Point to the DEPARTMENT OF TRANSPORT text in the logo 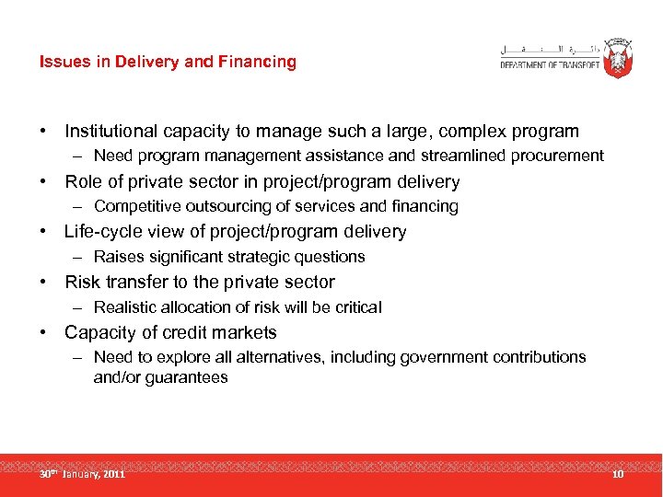point(550,64)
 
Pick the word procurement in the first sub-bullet point(559,156)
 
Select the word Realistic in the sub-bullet point(127,307)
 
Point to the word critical point(357,307)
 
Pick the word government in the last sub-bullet point(443,357)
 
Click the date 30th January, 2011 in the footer point(82,474)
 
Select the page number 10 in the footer point(617,474)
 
